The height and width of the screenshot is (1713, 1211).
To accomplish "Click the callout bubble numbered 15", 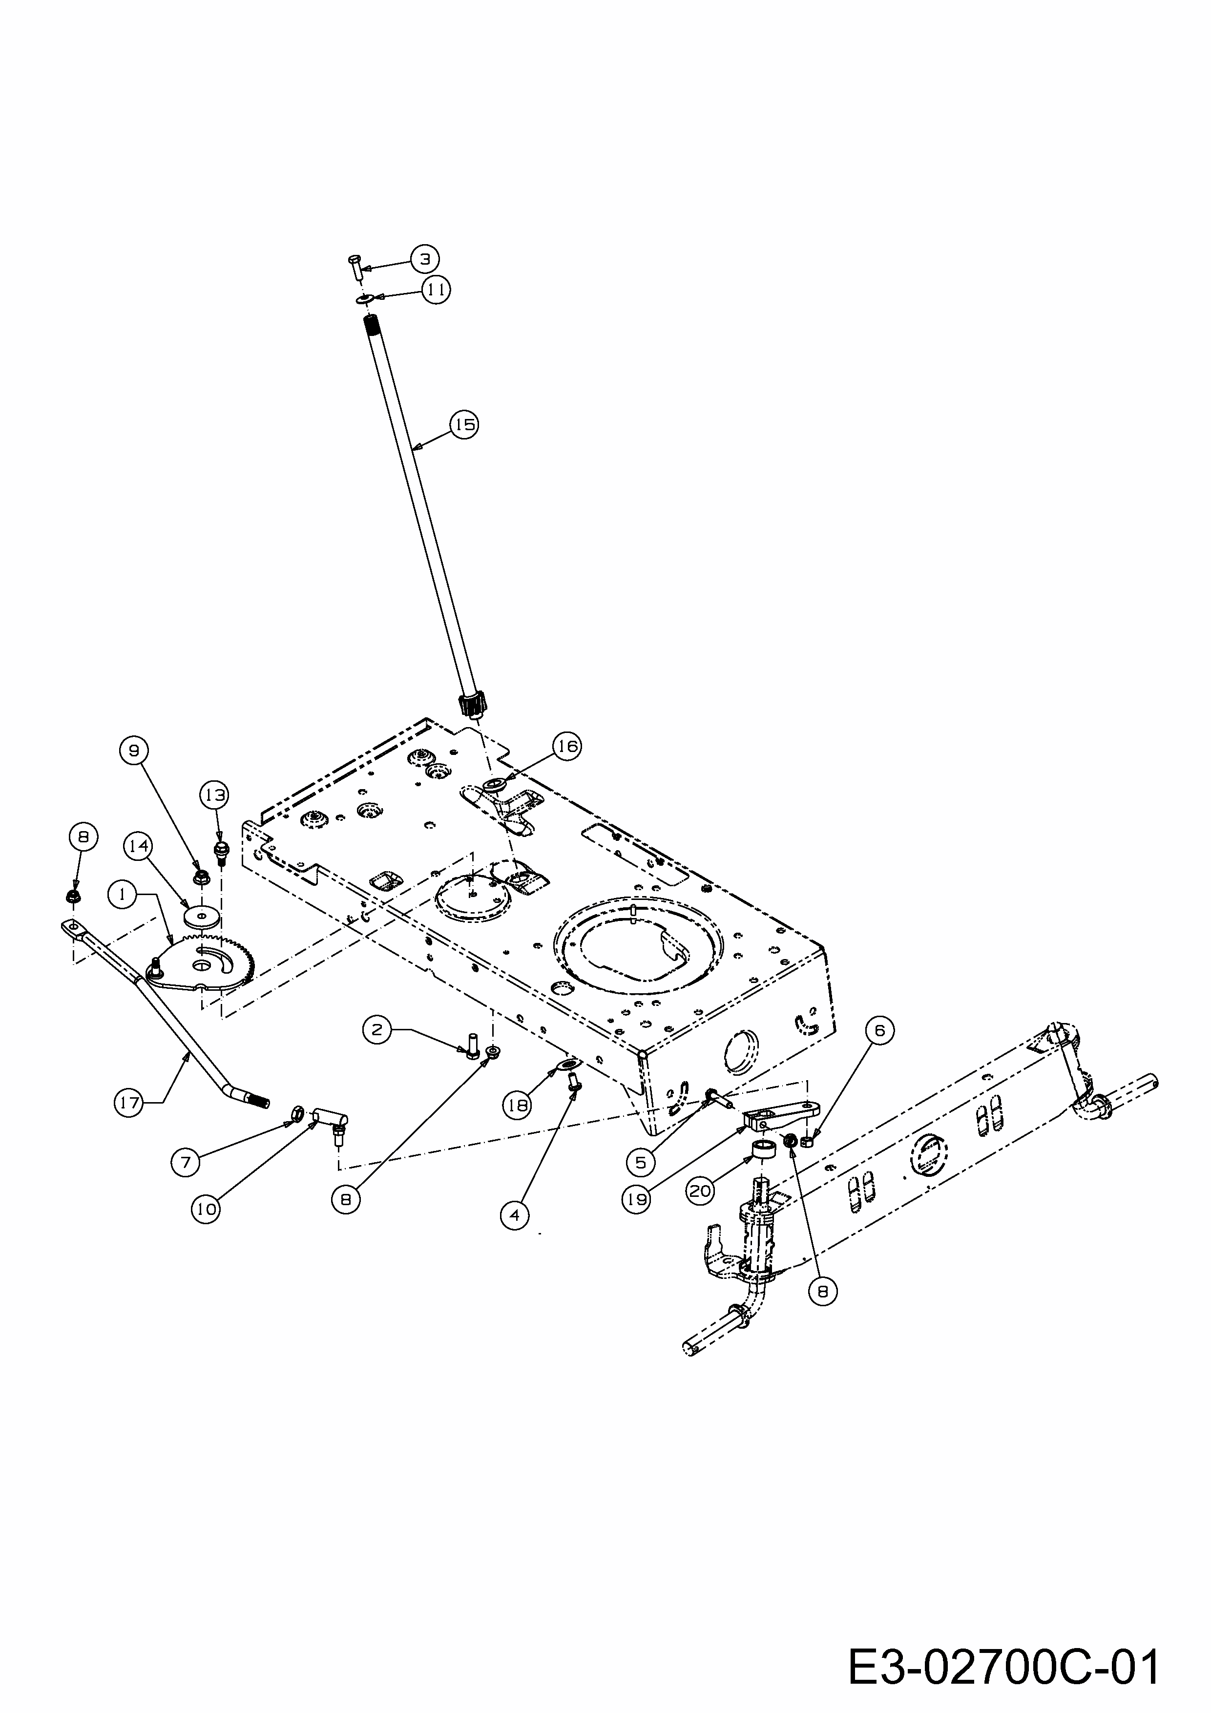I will (x=464, y=424).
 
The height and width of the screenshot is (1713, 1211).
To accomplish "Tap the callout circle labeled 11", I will (x=437, y=290).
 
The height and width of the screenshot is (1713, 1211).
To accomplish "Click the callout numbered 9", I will (x=134, y=751).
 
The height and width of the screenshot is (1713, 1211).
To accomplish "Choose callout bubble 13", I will (x=215, y=795).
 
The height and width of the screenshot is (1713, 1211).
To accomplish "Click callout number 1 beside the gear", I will (x=122, y=893).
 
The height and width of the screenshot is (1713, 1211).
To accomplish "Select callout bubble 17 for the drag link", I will (x=129, y=1103).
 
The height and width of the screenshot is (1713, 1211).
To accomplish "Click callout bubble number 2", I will (x=377, y=1030).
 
